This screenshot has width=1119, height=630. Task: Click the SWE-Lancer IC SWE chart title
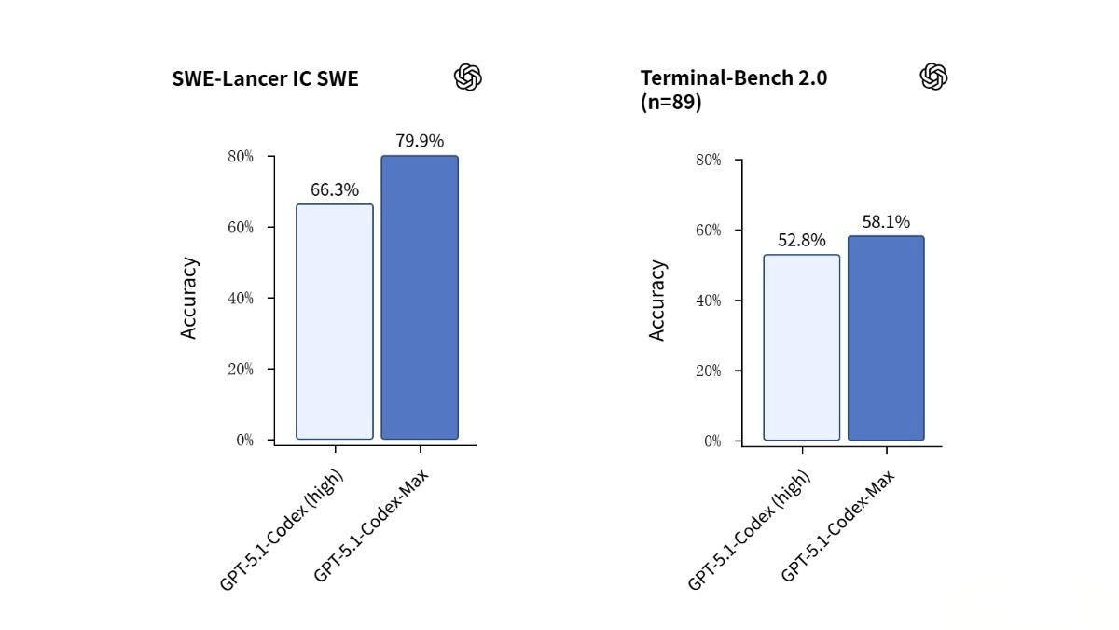265,78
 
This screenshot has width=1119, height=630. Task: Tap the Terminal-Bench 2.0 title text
733,78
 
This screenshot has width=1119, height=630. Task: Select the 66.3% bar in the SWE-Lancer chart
334,321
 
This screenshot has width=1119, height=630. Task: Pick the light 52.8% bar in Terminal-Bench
801,347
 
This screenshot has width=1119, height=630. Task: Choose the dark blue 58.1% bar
886,338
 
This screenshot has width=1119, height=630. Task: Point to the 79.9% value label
420,141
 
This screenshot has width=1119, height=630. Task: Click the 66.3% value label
334,189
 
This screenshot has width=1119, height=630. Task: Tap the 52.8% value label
801,240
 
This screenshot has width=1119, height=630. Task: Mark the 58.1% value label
886,221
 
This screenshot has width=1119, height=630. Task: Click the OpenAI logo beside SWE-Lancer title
468,77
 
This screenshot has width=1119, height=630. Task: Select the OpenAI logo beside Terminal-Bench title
933,77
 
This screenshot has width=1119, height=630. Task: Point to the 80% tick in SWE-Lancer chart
241,156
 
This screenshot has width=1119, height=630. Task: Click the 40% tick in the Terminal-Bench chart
709,301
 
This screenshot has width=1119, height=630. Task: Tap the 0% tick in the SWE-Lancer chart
244,440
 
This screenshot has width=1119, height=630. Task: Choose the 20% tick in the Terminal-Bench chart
709,371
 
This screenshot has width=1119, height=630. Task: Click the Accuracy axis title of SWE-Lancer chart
189,298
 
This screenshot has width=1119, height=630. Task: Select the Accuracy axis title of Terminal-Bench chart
657,301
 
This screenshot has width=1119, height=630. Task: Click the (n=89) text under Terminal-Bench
670,103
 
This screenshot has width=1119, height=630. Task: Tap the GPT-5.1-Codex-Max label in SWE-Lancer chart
370,526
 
